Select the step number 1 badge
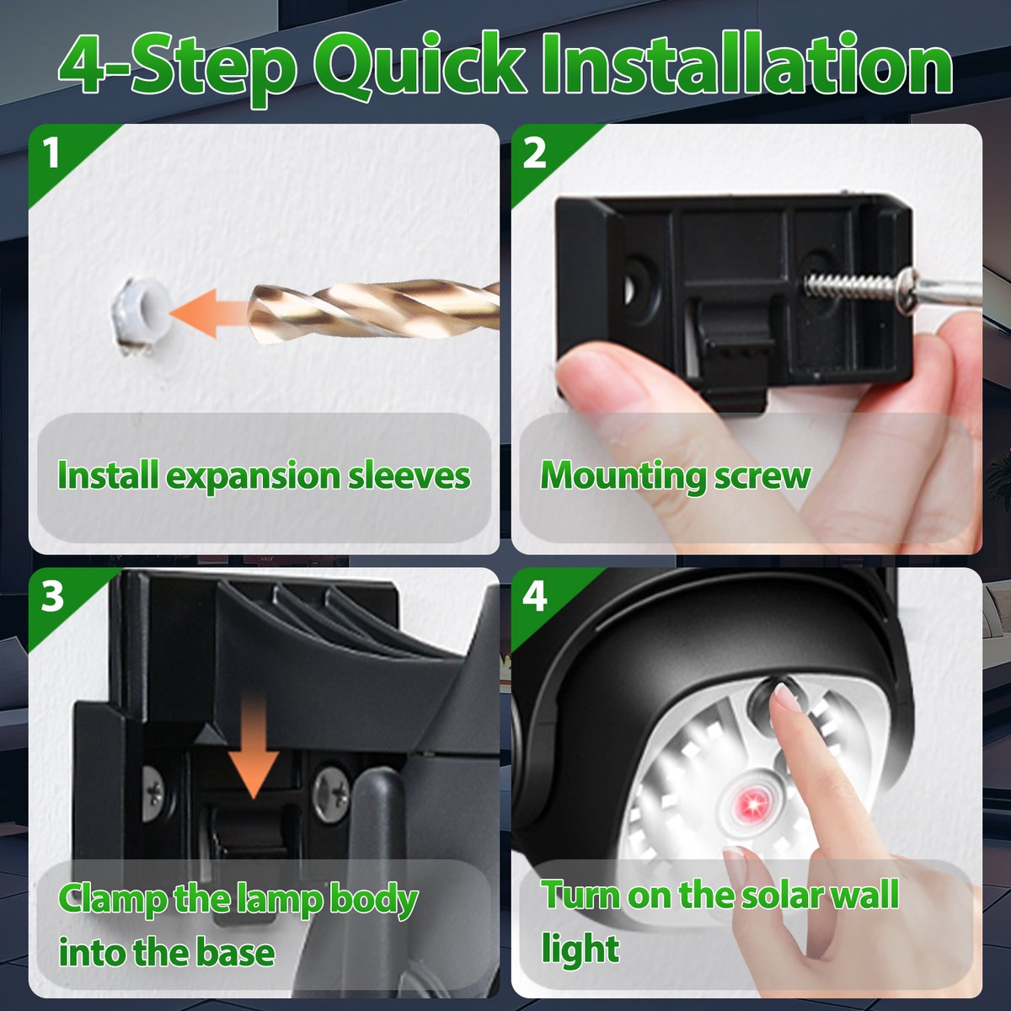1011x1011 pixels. pos(52,154)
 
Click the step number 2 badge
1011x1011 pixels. pos(535,154)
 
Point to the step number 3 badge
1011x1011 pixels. pos(52,596)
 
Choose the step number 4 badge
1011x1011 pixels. pos(535,596)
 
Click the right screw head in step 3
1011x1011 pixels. pos(330,790)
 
